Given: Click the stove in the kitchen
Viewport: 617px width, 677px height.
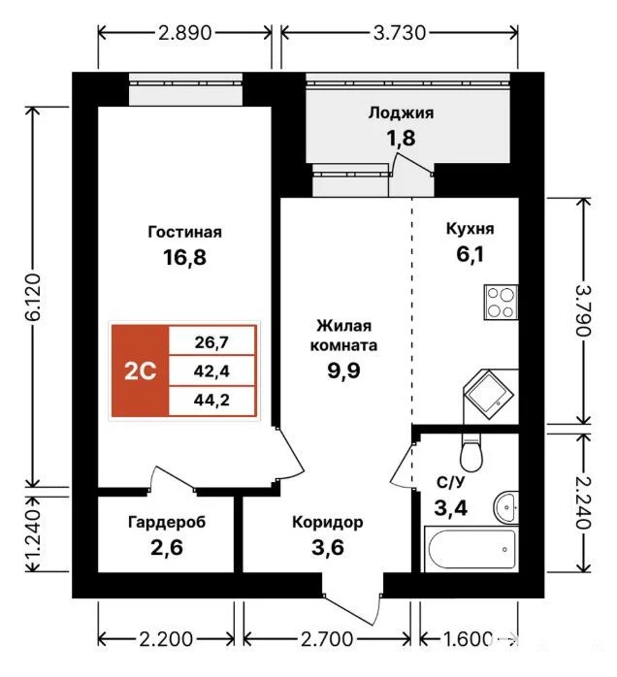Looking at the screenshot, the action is (x=501, y=303).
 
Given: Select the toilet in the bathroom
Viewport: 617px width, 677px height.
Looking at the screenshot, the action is (x=471, y=453).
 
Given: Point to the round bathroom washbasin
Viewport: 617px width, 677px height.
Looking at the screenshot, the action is (x=506, y=508).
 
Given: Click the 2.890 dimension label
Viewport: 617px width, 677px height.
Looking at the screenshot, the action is (x=184, y=33).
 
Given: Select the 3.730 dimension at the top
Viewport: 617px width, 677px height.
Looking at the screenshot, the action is (x=400, y=33).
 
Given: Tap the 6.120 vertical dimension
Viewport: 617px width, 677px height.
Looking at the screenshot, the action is (x=33, y=297).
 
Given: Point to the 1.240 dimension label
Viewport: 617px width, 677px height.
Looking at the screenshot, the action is (x=33, y=534).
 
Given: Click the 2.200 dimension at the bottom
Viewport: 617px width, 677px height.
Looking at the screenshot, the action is (x=166, y=639).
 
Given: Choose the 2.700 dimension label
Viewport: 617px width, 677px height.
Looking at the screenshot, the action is (x=327, y=639).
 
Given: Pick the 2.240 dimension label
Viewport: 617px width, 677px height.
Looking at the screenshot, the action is (x=583, y=502).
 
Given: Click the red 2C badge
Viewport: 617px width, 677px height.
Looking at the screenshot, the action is (x=140, y=371).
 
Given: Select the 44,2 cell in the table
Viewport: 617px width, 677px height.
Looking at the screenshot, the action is (x=211, y=401).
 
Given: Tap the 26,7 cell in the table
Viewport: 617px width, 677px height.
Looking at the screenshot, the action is (x=211, y=342).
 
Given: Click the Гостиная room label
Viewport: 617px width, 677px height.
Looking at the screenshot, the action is (x=184, y=232).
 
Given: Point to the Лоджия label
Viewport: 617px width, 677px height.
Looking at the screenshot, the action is (x=401, y=113).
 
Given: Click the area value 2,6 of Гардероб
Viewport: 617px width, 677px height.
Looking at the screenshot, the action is (x=167, y=547).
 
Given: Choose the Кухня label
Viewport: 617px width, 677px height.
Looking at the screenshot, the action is (x=471, y=229).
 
